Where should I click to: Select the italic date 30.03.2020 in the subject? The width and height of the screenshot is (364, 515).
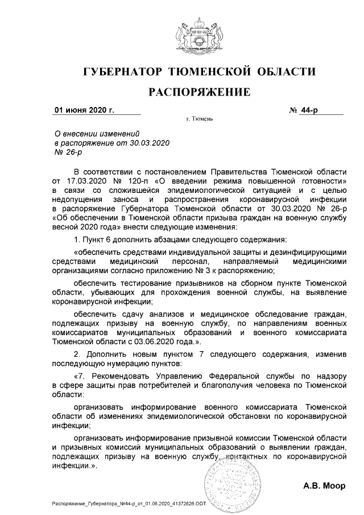pos(151,142)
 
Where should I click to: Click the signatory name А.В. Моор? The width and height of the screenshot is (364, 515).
pos(324,486)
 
